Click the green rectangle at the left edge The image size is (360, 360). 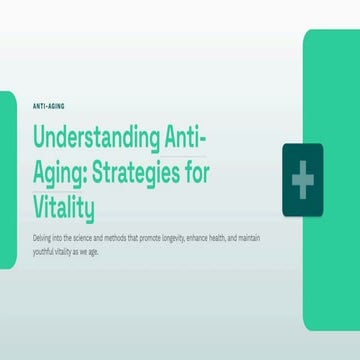tap(8, 180)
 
